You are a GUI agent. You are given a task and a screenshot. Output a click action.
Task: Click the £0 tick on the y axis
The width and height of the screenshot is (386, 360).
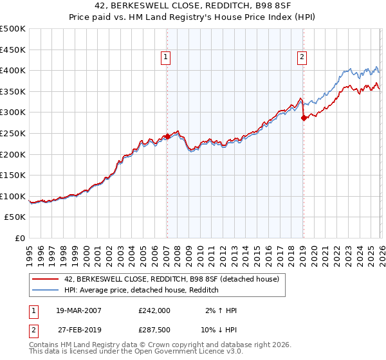click(x=20, y=238)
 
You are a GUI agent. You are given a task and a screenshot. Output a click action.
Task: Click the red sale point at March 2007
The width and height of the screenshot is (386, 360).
click(x=167, y=136)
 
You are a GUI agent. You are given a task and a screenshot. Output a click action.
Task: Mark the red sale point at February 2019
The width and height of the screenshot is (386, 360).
click(x=303, y=118)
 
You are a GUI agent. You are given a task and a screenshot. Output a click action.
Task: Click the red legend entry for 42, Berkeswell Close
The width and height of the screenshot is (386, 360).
click(x=171, y=279)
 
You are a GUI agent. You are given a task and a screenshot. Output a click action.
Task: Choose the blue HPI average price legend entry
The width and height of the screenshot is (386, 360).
click(x=142, y=291)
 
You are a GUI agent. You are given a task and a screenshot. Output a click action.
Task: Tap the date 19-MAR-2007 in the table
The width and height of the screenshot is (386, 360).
click(x=78, y=310)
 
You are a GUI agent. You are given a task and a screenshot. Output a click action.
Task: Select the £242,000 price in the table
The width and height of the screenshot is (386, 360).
click(x=154, y=310)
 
